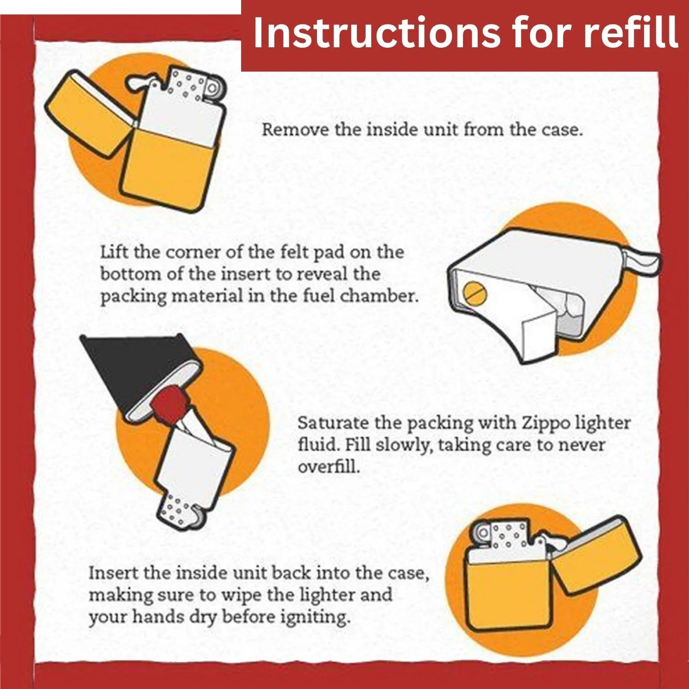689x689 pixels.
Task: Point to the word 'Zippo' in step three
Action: click(x=546, y=423)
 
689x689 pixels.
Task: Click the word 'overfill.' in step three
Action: click(x=329, y=467)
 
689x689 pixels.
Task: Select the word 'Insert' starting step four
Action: click(x=112, y=573)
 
